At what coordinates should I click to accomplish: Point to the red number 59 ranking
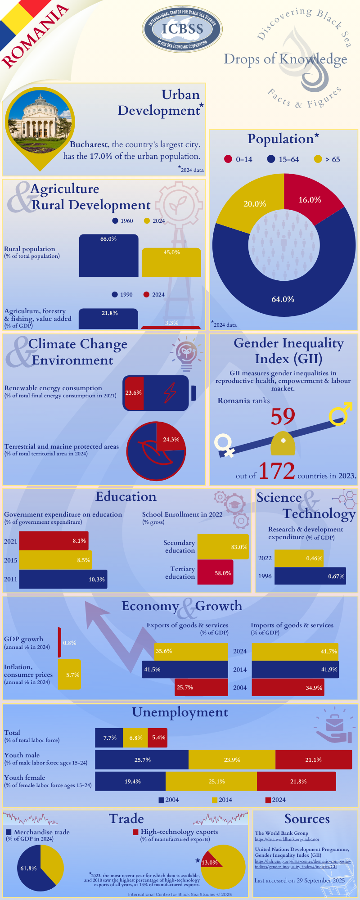click(283, 416)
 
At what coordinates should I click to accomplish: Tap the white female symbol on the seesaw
click(224, 444)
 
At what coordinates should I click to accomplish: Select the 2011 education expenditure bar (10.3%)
click(63, 579)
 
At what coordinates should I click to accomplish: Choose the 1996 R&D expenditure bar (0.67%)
click(310, 576)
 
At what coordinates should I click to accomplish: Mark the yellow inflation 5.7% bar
click(69, 675)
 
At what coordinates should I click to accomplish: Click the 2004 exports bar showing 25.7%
click(201, 687)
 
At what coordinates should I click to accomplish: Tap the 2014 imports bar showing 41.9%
click(295, 669)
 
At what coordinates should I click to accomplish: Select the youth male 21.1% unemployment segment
click(313, 760)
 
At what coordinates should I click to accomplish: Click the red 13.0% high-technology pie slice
click(210, 861)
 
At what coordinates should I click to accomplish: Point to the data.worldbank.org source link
click(287, 839)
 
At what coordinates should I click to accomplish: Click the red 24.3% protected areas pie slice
click(169, 437)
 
